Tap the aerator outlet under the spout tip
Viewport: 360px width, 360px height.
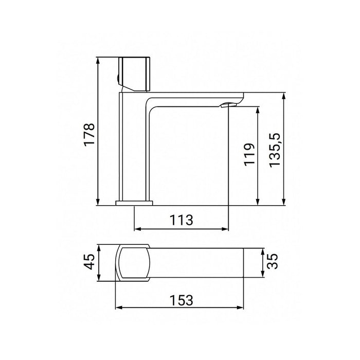point(228,105)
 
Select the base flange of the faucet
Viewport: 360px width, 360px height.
point(135,203)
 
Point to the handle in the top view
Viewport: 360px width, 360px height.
point(132,263)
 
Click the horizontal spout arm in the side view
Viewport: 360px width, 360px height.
point(195,99)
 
